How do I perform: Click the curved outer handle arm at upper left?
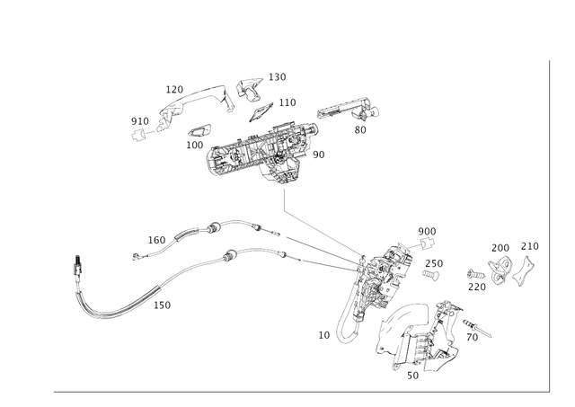point(180,108)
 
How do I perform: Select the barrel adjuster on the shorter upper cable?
point(214,226)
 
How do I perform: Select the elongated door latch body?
point(373,288)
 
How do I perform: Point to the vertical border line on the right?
point(547,225)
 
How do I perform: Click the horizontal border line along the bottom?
point(296,390)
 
